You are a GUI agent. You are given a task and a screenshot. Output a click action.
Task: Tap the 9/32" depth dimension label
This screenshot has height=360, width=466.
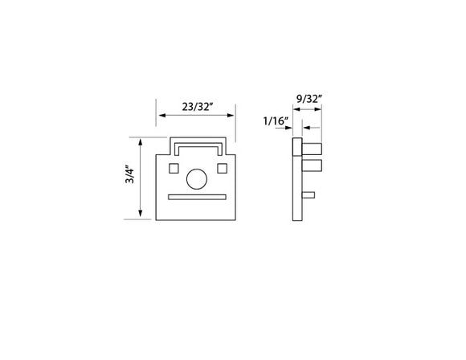point(309,99)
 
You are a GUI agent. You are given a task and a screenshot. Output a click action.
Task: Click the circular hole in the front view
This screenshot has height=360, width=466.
point(196,178)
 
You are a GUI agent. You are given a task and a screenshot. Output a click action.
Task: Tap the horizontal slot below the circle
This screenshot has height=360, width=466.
point(196,195)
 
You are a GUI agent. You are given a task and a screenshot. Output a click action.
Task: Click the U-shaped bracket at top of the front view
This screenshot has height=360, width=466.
point(197,145)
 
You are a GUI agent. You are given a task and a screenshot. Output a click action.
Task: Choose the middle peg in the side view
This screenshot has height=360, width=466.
point(312,166)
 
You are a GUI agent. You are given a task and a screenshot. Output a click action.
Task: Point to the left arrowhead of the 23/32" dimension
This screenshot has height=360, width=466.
point(160,115)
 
